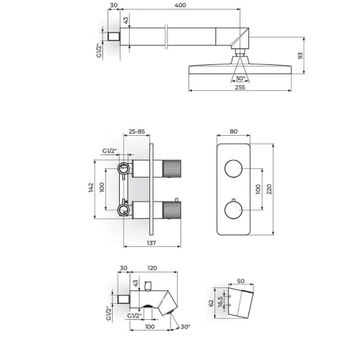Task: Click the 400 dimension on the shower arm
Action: [180, 5]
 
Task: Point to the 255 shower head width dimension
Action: [240, 87]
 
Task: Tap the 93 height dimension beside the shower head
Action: [300, 56]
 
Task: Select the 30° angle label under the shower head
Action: [240, 79]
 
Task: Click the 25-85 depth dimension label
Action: [136, 131]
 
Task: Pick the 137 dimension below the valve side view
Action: [152, 243]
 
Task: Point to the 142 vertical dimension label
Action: [91, 188]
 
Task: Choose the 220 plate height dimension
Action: [269, 189]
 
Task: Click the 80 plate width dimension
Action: [233, 131]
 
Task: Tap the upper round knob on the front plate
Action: [233, 168]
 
